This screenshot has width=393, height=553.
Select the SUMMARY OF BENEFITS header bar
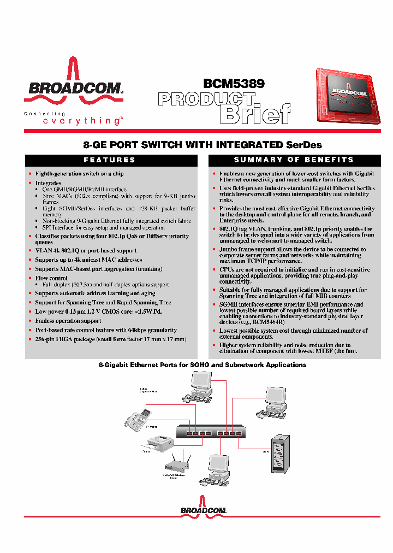[x=294, y=160]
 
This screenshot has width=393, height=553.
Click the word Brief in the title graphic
[x=254, y=114]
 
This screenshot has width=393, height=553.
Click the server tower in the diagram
[x=281, y=454]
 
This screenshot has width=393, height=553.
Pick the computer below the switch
[x=215, y=470]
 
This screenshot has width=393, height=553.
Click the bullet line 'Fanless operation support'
[x=68, y=321]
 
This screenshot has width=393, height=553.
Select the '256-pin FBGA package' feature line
[x=111, y=339]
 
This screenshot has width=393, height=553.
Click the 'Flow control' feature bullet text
[x=52, y=278]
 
